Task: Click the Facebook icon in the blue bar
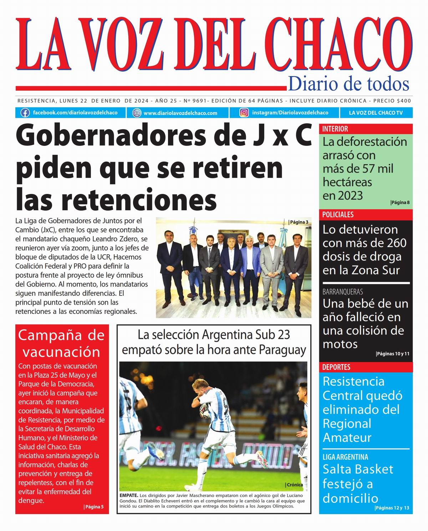point(25,113)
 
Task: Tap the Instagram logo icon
point(244,113)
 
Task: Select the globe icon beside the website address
point(137,113)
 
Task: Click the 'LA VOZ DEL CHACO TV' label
point(376,113)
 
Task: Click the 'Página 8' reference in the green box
point(400,202)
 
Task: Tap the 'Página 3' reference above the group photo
point(299,222)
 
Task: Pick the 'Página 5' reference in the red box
point(94,506)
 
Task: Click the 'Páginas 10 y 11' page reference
point(393,354)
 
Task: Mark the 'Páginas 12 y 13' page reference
point(392,508)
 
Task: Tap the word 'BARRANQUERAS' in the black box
point(342,292)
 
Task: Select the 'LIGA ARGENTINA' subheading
point(345,457)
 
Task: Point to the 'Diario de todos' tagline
point(348,84)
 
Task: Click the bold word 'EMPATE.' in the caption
point(129,495)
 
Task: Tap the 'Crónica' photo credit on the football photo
point(295,485)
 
